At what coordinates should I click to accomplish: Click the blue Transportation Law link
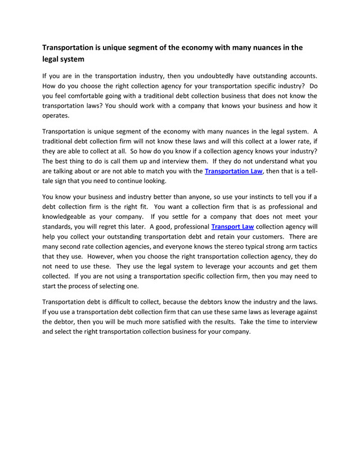pos(233,171)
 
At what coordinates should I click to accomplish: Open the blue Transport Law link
pos(232,228)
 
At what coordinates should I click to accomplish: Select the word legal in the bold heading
pos(55,59)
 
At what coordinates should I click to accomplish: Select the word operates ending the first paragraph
pos(56,116)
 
